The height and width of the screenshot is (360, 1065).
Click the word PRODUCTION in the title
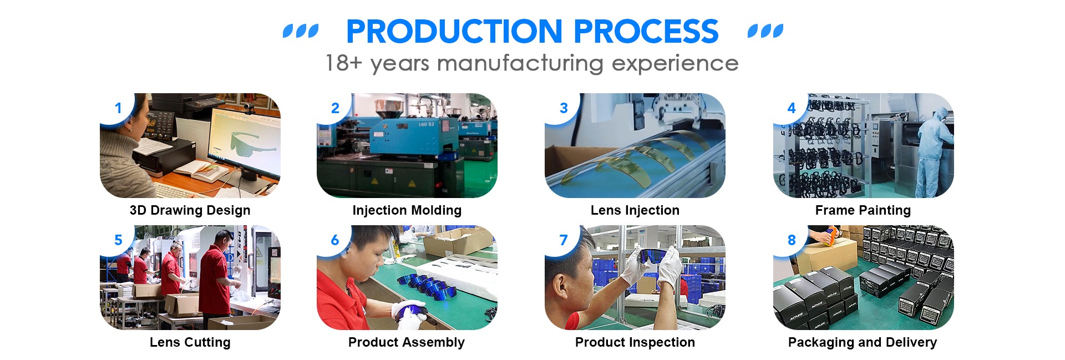(x=455, y=32)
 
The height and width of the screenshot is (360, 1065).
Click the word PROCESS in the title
(x=646, y=32)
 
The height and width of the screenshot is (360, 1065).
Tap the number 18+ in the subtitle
(x=344, y=63)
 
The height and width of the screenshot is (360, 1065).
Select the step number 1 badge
(x=118, y=108)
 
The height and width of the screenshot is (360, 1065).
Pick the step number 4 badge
(x=791, y=108)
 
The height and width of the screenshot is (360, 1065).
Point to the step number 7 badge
(x=564, y=240)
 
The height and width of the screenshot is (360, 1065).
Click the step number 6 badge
(x=334, y=240)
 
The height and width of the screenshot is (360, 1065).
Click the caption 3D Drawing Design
(x=190, y=211)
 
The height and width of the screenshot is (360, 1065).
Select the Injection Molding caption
(x=407, y=211)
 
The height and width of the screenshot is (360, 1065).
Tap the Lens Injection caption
(x=635, y=211)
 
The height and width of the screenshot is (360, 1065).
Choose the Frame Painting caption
(x=863, y=211)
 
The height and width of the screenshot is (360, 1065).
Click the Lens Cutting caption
(x=190, y=343)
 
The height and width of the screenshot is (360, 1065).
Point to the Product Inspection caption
(x=635, y=343)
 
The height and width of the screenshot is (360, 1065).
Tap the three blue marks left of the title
(x=301, y=31)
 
